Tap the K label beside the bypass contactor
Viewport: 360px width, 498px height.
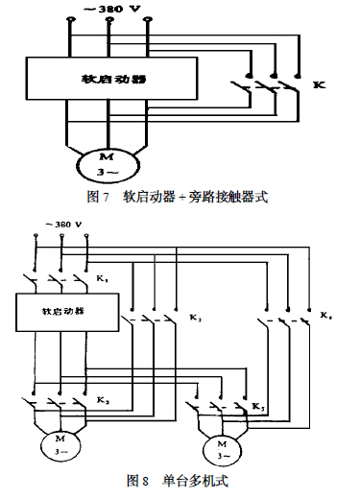(x=318, y=86)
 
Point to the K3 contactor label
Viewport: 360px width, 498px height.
(x=195, y=317)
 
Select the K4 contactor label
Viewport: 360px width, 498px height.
(x=326, y=316)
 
